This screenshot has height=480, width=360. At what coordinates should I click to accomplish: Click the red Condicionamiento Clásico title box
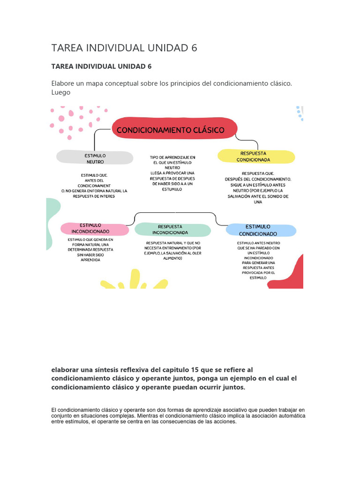click(174, 130)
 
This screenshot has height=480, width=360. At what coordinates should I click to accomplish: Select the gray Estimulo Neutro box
click(95, 158)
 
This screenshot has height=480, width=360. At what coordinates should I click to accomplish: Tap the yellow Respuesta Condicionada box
click(256, 157)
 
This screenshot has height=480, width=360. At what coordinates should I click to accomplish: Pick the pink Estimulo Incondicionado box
click(94, 229)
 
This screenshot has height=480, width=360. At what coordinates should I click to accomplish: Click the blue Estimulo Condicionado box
click(261, 230)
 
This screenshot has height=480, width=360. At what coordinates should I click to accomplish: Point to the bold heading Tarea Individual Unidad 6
click(101, 67)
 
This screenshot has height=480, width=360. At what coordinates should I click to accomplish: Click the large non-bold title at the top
click(124, 48)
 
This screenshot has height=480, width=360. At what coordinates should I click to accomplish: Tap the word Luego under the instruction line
click(61, 92)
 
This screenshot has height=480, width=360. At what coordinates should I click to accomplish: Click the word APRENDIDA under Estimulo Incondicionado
click(90, 260)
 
